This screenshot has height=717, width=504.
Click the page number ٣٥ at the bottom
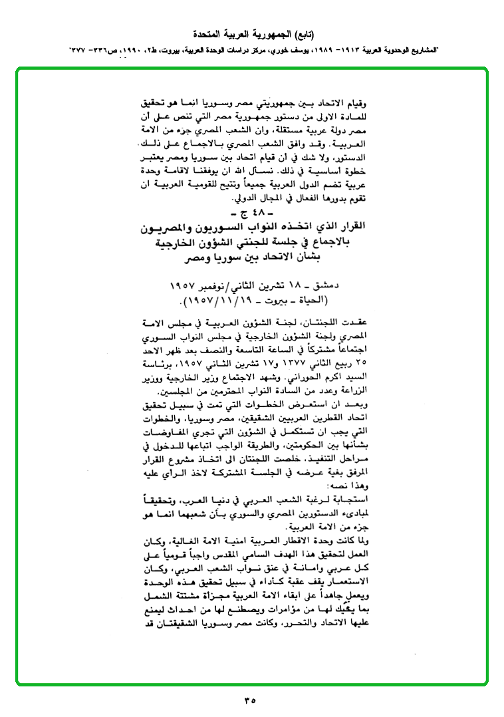pyautogui.click(x=251, y=700)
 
